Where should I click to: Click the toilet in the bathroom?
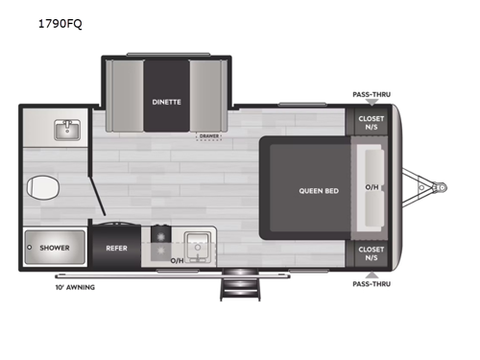coord(41,186)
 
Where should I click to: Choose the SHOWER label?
coord(55,248)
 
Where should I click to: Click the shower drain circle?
coord(30,248)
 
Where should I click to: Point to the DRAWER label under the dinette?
coord(208,135)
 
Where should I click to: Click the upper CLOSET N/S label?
coord(371,123)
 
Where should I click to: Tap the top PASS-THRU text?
coord(372,95)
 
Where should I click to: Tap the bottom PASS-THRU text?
coord(372,284)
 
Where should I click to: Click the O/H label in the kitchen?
coord(177,260)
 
